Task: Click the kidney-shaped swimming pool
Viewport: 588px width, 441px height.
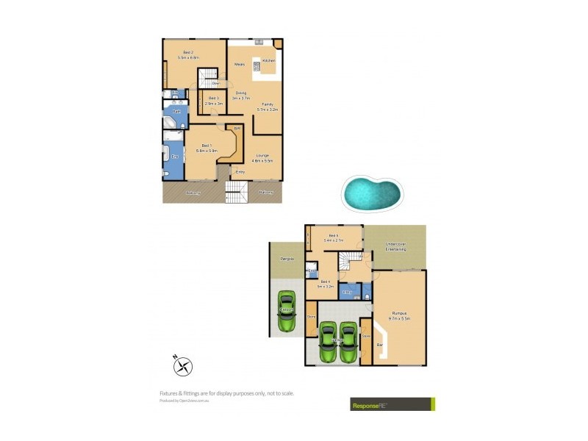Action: (372, 193)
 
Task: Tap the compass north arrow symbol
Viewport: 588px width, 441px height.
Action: (183, 364)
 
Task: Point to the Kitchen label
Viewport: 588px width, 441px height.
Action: (268, 60)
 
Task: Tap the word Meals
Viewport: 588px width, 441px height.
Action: (239, 65)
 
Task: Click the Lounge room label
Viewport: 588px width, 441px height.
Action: (262, 155)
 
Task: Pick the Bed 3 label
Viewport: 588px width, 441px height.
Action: (213, 98)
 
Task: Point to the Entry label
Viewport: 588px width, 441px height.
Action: (240, 171)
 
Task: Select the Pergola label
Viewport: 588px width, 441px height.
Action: (287, 259)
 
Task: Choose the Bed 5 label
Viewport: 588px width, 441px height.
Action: (334, 236)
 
